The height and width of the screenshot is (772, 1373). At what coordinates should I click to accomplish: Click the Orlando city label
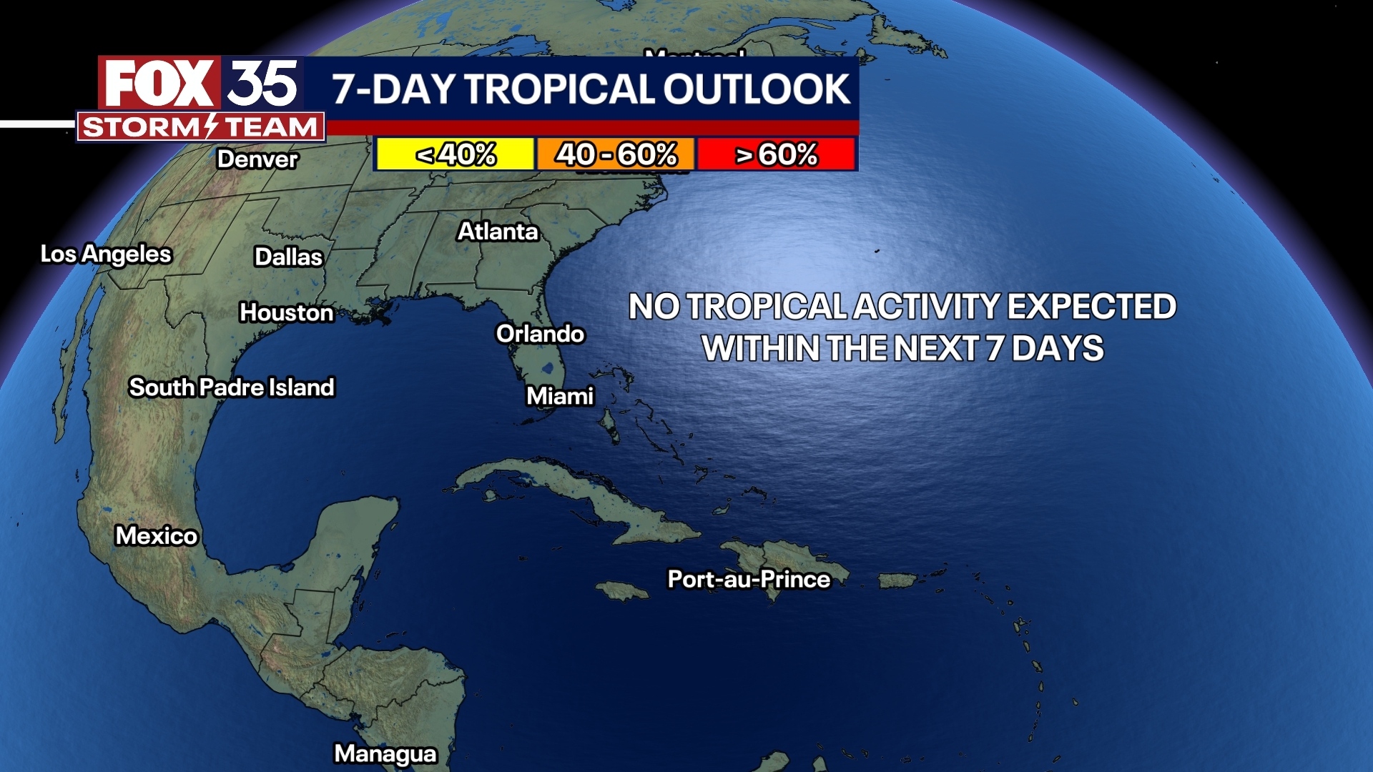[540, 334]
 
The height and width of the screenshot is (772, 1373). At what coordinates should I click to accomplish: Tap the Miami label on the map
[560, 396]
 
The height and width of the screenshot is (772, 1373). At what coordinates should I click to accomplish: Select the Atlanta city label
[498, 232]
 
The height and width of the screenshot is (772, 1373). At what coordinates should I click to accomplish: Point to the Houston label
[287, 312]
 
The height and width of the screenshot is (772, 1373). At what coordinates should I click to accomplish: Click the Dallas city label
[289, 257]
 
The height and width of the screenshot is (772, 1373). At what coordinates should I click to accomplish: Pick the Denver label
[257, 159]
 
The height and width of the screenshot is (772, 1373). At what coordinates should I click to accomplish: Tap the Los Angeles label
[106, 254]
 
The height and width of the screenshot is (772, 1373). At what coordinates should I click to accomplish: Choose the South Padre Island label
[232, 387]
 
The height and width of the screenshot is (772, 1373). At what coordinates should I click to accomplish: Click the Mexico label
[157, 535]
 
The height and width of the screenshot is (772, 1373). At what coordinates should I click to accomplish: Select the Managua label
[385, 753]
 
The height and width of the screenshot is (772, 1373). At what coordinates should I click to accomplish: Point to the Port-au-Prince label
[749, 579]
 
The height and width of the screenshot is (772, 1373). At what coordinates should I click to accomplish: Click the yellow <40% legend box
[456, 154]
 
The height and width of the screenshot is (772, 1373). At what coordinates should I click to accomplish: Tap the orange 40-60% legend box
[616, 154]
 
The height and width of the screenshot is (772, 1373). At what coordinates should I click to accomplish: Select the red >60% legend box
[777, 154]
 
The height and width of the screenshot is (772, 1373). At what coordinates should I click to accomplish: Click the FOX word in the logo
[159, 84]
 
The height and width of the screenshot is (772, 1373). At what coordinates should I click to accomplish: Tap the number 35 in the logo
[262, 84]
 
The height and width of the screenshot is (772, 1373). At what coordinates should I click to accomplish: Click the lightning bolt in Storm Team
[211, 127]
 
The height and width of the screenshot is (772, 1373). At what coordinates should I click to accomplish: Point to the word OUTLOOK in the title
[757, 89]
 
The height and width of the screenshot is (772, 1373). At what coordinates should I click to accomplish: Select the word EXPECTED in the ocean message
[1092, 307]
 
